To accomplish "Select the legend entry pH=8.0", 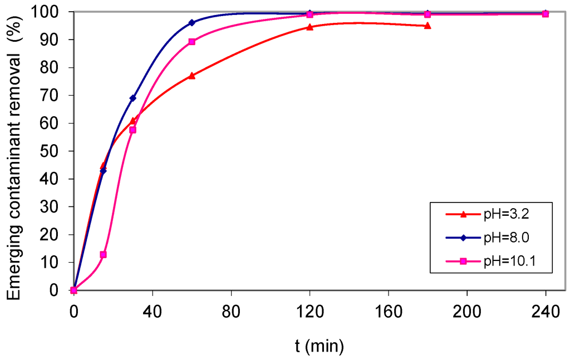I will pos(506,238).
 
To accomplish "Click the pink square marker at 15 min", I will pos(103,254).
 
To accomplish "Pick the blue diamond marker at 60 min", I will pos(191,23).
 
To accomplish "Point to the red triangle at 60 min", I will pos(191,76).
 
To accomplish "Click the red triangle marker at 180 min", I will pos(427,26).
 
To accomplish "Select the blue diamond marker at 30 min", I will pos(132,98).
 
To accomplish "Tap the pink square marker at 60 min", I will pos(191,42).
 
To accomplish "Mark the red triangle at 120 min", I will pos(309,27).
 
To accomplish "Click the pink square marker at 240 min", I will pos(545,14).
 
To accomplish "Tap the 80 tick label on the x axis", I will pos(231,312).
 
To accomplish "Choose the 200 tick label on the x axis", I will pos(466,312).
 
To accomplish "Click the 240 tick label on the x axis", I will pos(545,312).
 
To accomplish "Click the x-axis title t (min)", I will pos(320,346).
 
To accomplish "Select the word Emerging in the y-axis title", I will pos(15,266).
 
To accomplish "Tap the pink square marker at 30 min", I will pos(132,130).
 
